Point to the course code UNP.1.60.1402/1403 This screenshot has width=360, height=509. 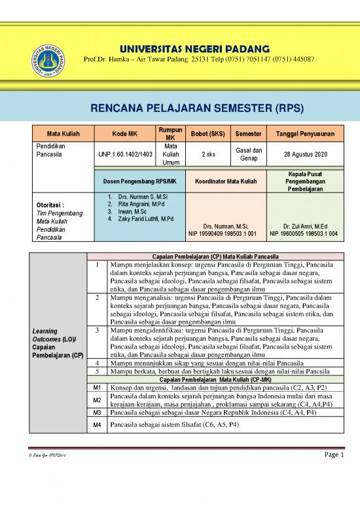point(125,154)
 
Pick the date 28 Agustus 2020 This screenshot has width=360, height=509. point(304,154)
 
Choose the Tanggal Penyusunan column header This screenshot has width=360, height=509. point(304,134)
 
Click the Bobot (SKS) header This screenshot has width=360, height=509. point(206,134)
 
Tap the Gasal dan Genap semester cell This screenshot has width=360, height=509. point(248,154)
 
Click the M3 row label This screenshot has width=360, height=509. point(96,413)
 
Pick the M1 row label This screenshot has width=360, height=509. point(96,388)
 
